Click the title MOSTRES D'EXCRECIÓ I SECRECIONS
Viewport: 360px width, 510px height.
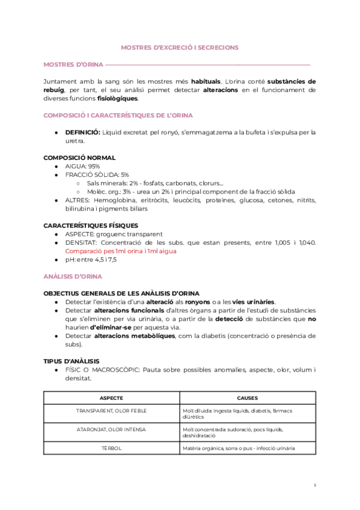[x=180, y=47]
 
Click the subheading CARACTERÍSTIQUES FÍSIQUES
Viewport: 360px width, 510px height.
[x=91, y=226]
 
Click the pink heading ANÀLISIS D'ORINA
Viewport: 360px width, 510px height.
[x=73, y=276]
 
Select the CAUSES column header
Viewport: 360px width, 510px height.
[x=247, y=398]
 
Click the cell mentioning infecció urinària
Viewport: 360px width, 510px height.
[x=247, y=448]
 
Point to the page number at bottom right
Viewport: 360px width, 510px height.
[x=315, y=485]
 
